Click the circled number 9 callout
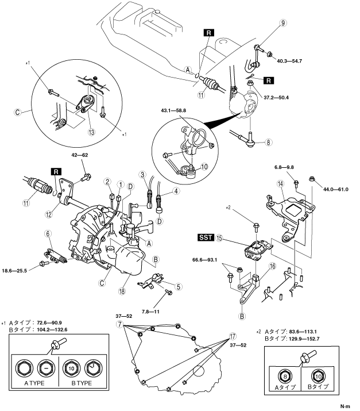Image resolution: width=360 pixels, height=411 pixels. (x=282, y=23)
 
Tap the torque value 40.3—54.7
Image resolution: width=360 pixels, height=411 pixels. (x=289, y=61)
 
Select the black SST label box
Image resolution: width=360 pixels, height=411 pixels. (x=206, y=237)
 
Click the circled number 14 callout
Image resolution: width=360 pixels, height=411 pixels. (x=280, y=184)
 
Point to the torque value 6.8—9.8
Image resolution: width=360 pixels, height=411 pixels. (x=284, y=167)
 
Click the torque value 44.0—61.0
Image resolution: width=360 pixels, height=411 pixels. (x=336, y=189)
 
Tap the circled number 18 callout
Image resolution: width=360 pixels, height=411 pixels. (x=122, y=291)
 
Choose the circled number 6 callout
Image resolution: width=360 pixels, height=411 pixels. (x=48, y=233)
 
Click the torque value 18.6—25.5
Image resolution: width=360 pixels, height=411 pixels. (x=14, y=271)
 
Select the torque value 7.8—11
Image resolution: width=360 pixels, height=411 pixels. (x=150, y=312)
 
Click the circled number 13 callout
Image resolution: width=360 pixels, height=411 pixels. (x=91, y=132)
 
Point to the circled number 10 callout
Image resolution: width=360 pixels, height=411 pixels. (x=204, y=167)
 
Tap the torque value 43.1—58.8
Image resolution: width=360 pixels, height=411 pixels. (x=173, y=110)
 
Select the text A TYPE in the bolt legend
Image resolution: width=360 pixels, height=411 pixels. (x=34, y=383)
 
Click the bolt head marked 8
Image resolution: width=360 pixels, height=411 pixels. (x=285, y=376)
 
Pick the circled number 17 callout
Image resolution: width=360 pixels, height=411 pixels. (x=233, y=336)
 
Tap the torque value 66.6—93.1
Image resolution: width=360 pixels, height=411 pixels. (x=204, y=260)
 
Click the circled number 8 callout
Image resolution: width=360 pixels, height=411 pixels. (x=268, y=143)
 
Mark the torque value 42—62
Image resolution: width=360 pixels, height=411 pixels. (x=80, y=155)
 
